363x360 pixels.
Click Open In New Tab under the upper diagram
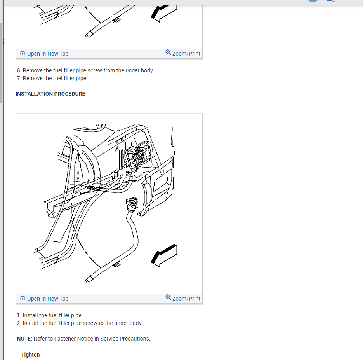[44, 54]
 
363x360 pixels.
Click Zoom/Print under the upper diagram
[183, 53]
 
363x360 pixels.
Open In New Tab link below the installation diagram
[44, 299]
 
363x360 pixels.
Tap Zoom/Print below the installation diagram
[183, 298]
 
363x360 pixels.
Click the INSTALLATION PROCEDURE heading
[50, 94]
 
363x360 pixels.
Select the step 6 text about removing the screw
[85, 70]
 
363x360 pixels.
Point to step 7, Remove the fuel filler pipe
[52, 79]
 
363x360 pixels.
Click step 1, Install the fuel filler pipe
[50, 316]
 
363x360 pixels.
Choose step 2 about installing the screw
[80, 323]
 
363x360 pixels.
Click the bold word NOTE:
[24, 339]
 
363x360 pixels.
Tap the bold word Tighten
[30, 355]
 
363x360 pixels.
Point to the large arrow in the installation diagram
[164, 256]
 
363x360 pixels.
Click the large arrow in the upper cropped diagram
[164, 13]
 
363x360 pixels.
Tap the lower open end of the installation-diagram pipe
[88, 280]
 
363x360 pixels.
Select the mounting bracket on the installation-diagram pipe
[117, 264]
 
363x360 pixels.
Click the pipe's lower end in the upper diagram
[88, 35]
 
